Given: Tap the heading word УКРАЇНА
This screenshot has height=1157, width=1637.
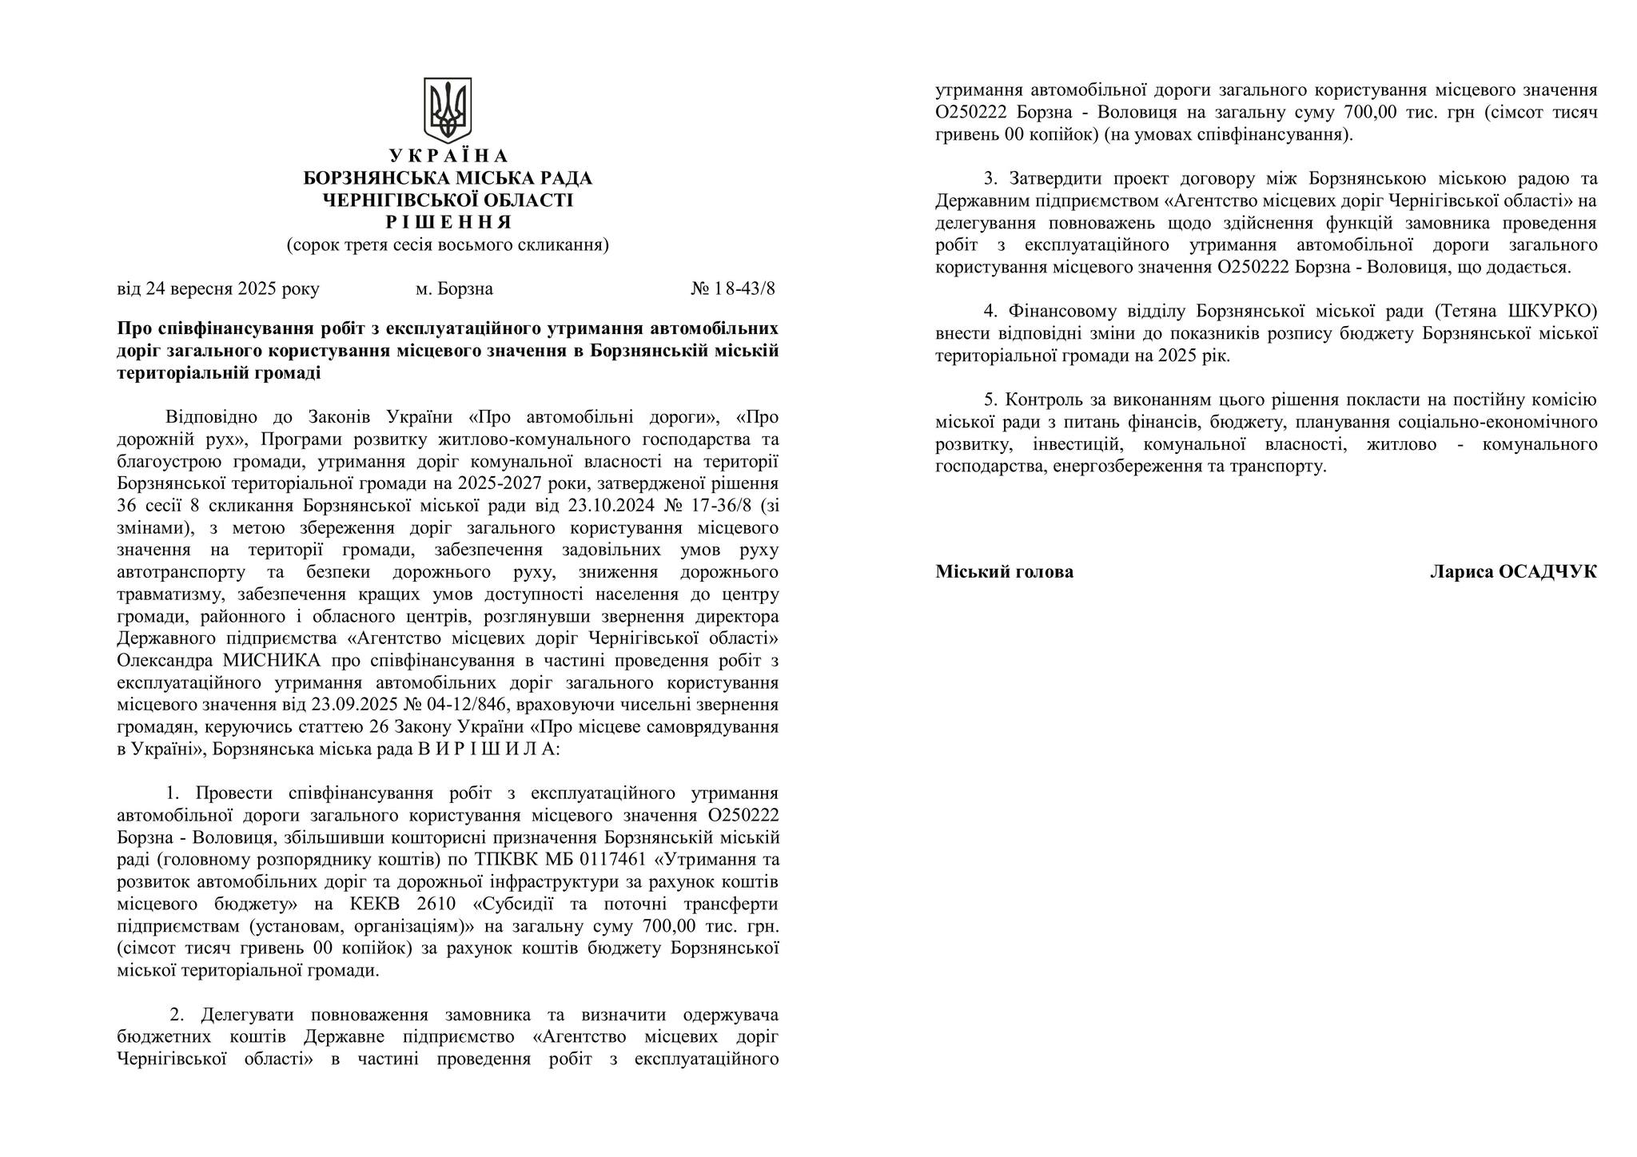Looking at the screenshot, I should (448, 156).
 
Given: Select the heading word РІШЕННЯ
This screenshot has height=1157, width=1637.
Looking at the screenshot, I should (448, 222).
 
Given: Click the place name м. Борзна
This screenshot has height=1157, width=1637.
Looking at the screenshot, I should (454, 288).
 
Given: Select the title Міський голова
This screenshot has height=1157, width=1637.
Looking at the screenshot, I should (1004, 572).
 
